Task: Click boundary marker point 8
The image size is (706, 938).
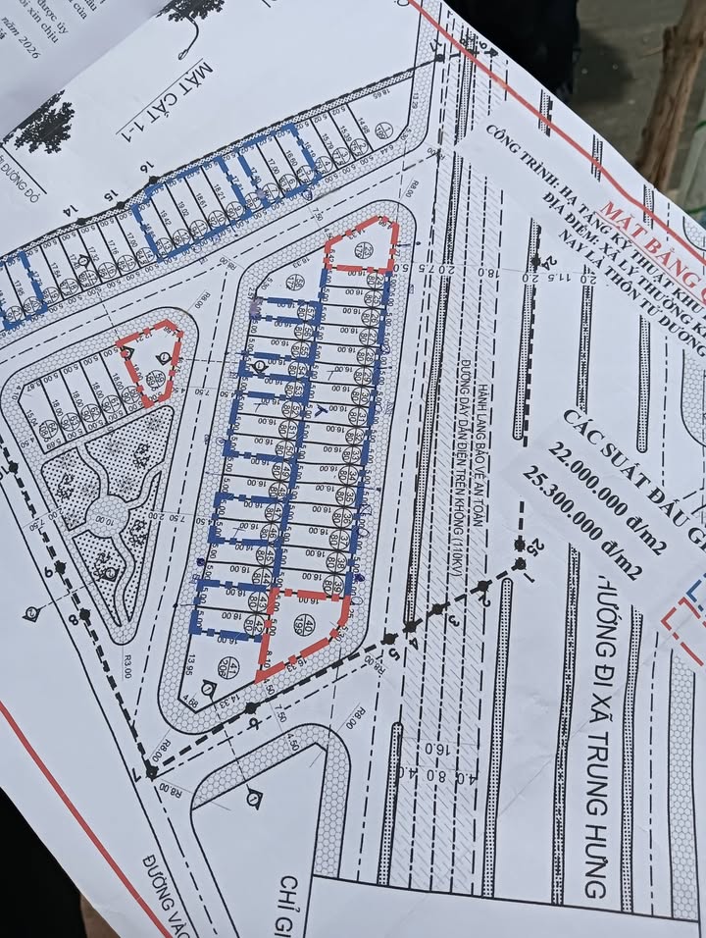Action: click(x=72, y=619)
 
